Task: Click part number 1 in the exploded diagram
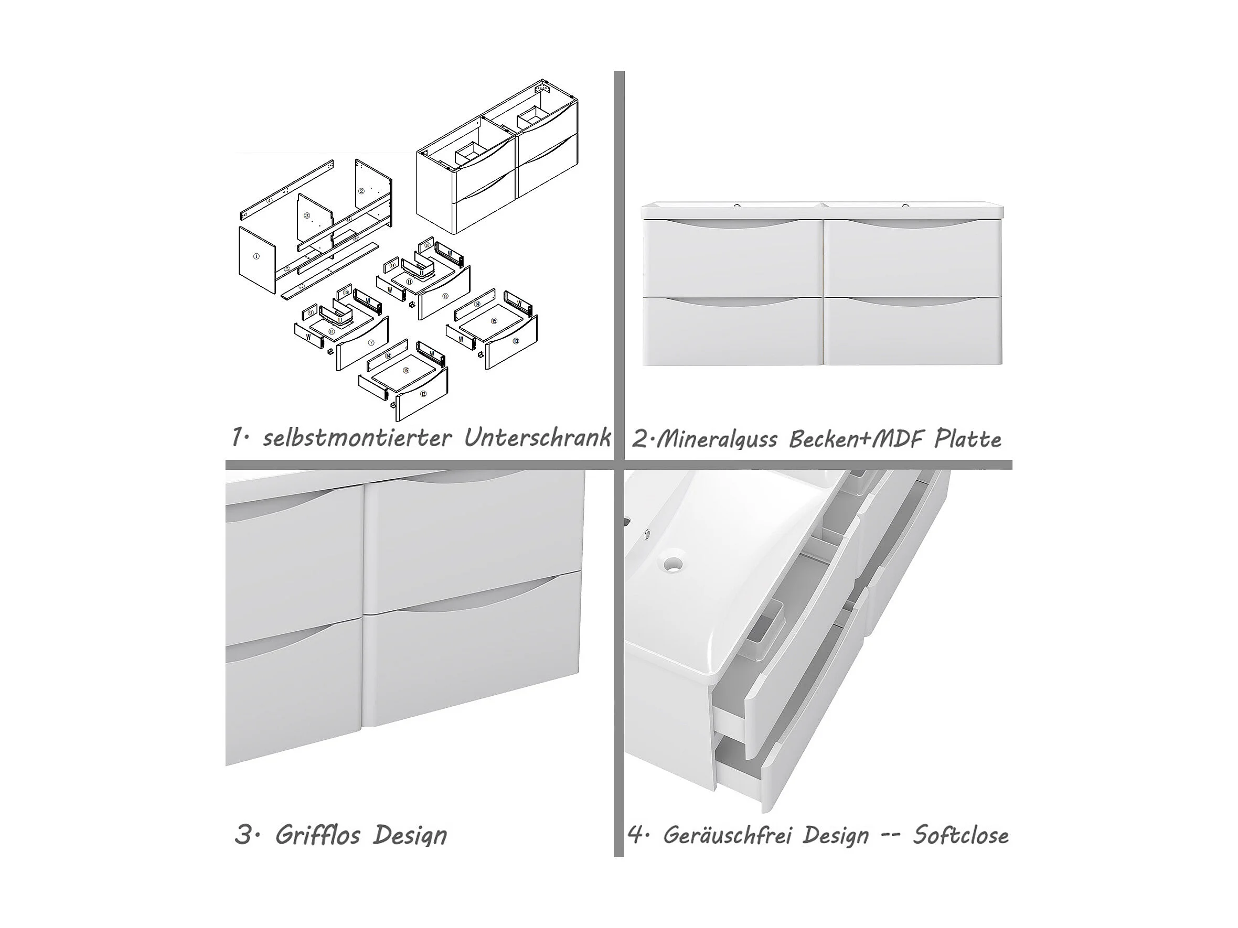pyautogui.click(x=257, y=256)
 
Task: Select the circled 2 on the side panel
pyautogui.click(x=361, y=191)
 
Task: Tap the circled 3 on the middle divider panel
pyautogui.click(x=307, y=215)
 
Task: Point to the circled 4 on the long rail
pyautogui.click(x=269, y=200)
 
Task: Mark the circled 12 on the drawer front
pyautogui.click(x=423, y=394)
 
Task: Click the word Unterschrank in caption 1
pyautogui.click(x=537, y=438)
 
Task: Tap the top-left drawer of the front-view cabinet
pyautogui.click(x=732, y=258)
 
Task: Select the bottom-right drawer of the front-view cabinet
pyautogui.click(x=912, y=331)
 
